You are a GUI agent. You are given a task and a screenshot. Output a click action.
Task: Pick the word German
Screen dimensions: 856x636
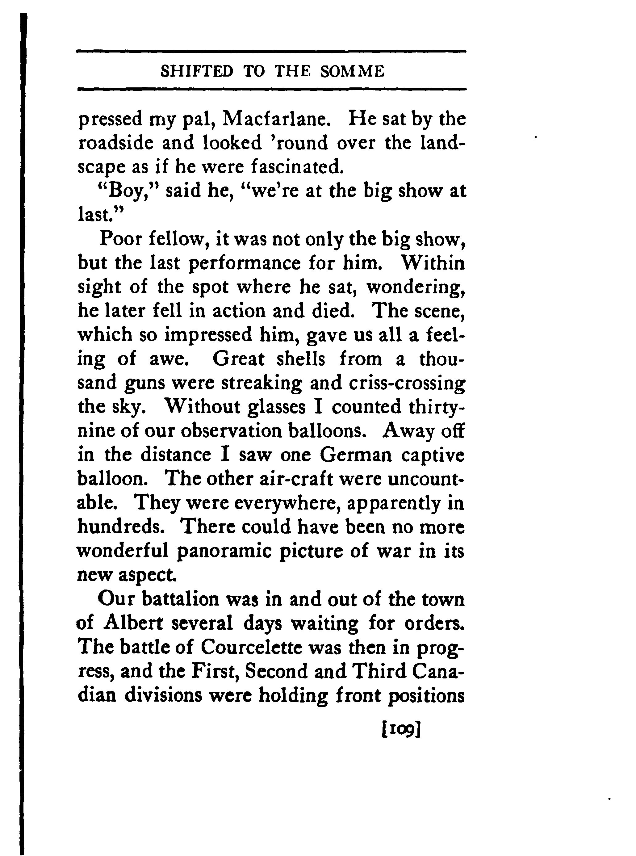click(x=356, y=455)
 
